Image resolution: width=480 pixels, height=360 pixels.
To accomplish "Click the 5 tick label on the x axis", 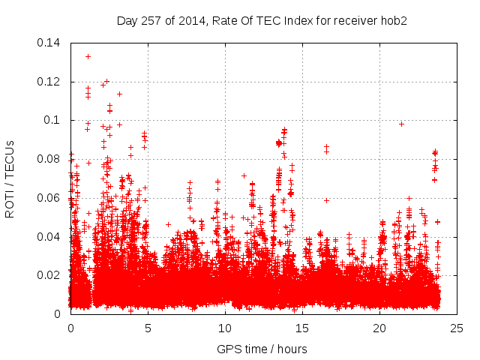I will [148, 328].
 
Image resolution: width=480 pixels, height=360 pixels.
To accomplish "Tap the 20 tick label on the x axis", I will [379, 328].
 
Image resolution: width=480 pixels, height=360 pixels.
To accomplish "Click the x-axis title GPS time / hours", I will [262, 349].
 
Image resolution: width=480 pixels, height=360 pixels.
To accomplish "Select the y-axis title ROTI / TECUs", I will [10, 178].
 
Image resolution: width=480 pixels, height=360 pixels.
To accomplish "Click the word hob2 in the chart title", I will [393, 19].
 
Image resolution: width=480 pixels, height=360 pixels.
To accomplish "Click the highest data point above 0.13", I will [88, 56].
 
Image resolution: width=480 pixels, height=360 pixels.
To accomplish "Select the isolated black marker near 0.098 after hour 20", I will [401, 124].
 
